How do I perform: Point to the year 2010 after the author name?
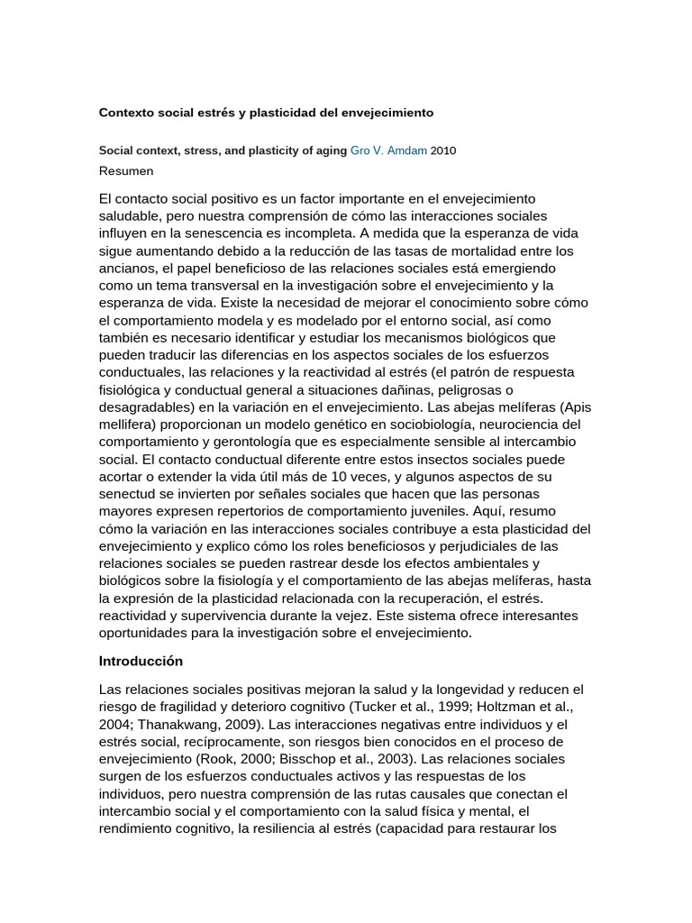point(443,151)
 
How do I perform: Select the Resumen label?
point(126,170)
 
